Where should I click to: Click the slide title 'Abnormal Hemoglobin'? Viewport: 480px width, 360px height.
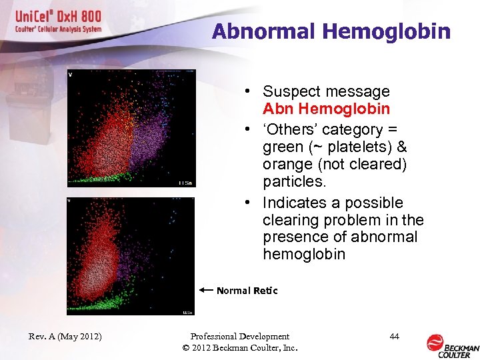[x=331, y=31]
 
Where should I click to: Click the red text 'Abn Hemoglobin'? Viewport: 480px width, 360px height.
[x=326, y=109]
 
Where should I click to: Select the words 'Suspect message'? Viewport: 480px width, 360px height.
[x=326, y=91]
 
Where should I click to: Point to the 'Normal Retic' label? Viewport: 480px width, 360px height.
[x=247, y=291]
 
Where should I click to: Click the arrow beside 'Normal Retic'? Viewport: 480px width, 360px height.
[x=206, y=290]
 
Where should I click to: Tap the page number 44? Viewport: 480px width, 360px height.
[x=394, y=337]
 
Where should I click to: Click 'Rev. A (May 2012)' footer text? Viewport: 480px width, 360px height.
[x=65, y=337]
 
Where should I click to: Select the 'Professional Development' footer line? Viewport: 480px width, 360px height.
[x=239, y=337]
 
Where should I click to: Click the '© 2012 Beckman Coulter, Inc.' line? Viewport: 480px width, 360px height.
[x=239, y=348]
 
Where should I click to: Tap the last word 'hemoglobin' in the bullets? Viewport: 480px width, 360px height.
[x=304, y=254]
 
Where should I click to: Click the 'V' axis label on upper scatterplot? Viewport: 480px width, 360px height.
[x=70, y=75]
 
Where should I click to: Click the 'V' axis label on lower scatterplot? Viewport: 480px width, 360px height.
[x=70, y=200]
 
